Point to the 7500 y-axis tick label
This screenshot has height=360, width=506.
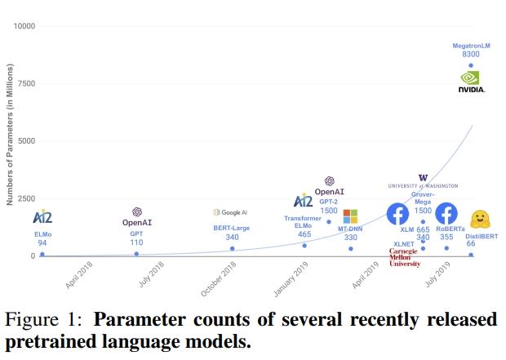pyautogui.click(x=27, y=83)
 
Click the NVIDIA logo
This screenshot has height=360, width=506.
pyautogui.click(x=471, y=81)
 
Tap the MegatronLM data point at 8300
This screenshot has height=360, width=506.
pyautogui.click(x=471, y=65)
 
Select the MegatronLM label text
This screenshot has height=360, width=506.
pyautogui.click(x=471, y=46)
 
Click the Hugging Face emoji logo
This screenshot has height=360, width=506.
pyautogui.click(x=481, y=219)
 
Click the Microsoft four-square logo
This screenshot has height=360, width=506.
pyautogui.click(x=350, y=216)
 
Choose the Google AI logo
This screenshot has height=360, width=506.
pyautogui.click(x=231, y=212)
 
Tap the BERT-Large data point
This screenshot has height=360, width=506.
pyautogui.click(x=232, y=249)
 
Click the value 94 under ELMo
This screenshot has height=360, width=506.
pyautogui.click(x=42, y=243)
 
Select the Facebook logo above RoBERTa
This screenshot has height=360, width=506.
pyautogui.click(x=446, y=214)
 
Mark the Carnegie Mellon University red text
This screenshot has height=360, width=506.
pyautogui.click(x=404, y=257)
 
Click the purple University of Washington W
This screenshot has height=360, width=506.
pyautogui.click(x=423, y=177)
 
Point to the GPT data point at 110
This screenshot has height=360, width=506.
pyautogui.click(x=136, y=254)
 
